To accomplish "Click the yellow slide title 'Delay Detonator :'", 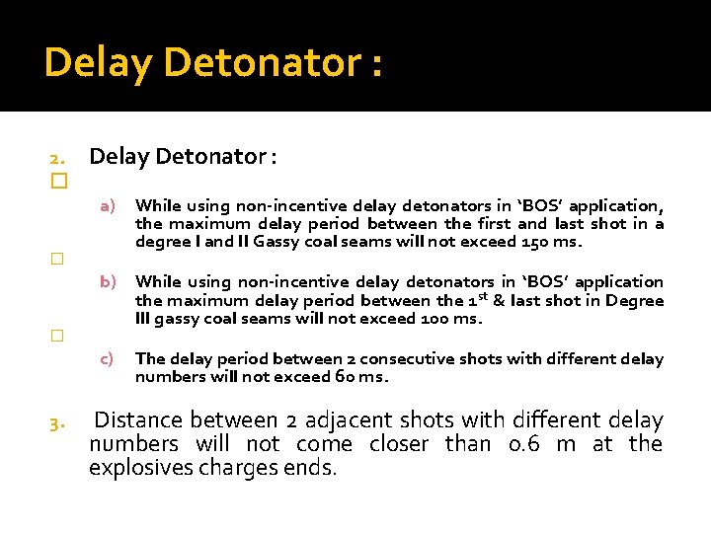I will (213, 63).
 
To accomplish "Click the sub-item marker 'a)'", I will (109, 205).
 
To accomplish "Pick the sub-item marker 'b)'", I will (109, 282).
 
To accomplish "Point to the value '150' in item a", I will (534, 242).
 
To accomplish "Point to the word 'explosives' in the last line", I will (138, 468).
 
